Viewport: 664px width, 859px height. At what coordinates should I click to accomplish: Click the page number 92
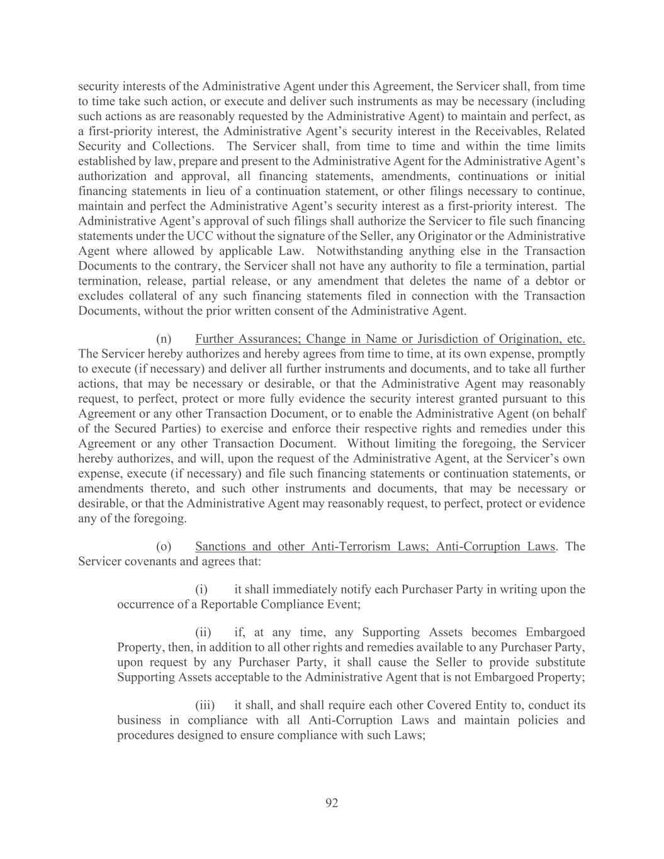(x=332, y=802)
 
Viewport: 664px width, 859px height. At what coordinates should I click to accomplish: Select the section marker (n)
(x=164, y=339)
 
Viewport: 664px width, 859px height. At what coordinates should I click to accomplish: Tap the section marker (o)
(x=164, y=546)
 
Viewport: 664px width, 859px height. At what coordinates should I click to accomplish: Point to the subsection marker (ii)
(x=203, y=632)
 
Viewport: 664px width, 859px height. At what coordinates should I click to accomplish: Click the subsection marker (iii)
(x=205, y=705)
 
